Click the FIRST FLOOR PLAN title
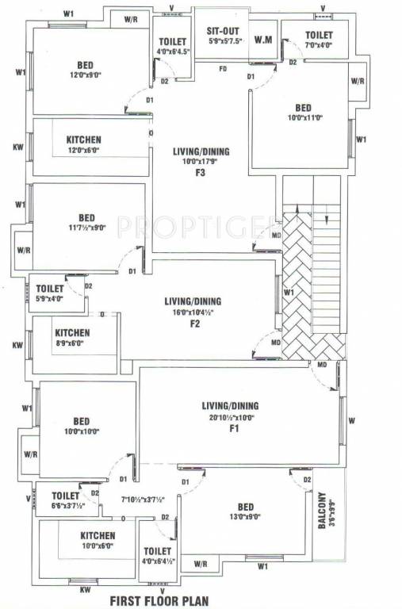[x=159, y=600]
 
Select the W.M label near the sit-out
[x=263, y=38]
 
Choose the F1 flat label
[x=234, y=428]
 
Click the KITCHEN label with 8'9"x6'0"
[x=72, y=333]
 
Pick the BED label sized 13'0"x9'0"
[x=245, y=506]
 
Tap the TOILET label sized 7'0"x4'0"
[x=319, y=36]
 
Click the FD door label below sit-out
[x=224, y=69]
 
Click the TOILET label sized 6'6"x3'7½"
[x=65, y=496]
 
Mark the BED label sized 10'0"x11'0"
[x=304, y=108]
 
